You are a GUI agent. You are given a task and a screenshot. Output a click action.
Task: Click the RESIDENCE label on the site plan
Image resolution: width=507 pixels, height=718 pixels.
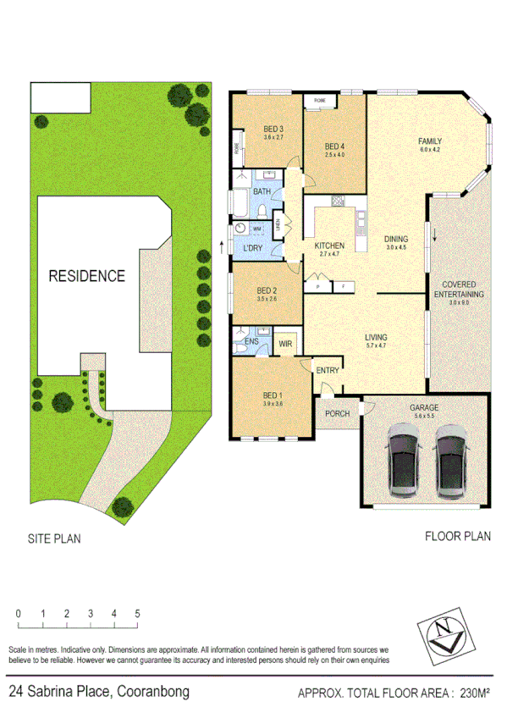[x=86, y=275]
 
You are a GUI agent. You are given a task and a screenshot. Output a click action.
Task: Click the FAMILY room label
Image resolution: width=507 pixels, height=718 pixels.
[x=431, y=141]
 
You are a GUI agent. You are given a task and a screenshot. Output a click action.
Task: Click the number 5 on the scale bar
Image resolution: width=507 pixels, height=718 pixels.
[x=137, y=612]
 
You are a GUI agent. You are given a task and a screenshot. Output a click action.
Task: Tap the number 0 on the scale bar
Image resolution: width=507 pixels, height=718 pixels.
[x=17, y=612]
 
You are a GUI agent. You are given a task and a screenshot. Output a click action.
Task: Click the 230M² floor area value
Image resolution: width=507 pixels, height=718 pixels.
[x=473, y=694]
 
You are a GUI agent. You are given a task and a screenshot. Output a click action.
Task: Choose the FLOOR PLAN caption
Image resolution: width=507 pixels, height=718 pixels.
[x=457, y=536]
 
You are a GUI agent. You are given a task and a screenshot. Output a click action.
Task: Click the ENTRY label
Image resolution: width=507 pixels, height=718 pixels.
[x=327, y=371]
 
